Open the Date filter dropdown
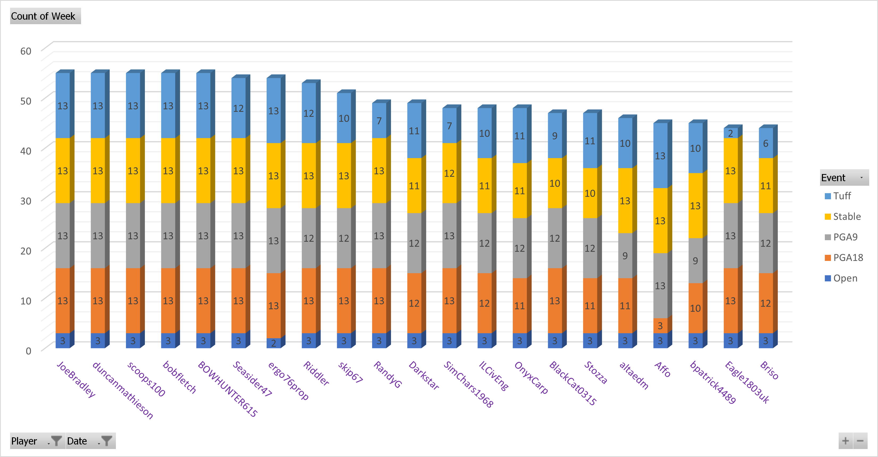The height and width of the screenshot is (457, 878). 90,441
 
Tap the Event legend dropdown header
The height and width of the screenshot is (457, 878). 844,177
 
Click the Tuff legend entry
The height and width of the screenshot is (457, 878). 842,196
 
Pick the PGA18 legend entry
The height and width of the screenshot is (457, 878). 848,258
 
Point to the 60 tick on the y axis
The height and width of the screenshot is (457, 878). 26,51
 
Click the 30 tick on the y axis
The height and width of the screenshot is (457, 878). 26,201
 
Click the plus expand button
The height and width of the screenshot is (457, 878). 846,441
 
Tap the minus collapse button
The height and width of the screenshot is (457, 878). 860,441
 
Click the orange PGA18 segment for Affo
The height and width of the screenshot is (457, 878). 660,325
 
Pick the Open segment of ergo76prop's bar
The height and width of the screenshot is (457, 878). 273,343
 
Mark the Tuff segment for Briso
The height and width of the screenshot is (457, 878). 766,143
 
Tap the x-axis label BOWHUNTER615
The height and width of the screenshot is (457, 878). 228,388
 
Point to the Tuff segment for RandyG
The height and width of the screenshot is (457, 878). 379,121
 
